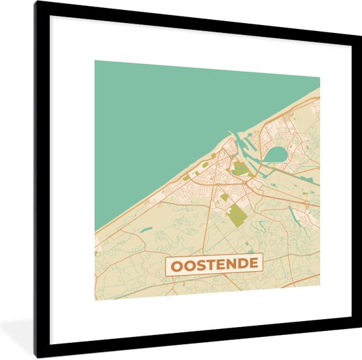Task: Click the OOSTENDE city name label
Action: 214,265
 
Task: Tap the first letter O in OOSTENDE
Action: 177,265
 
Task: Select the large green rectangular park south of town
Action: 234,215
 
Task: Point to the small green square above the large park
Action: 224,196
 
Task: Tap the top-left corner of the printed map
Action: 95,61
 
